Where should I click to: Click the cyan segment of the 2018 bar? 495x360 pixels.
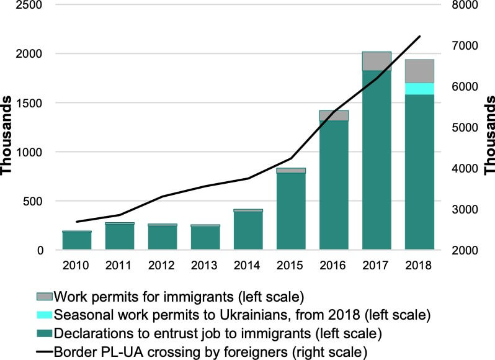pyautogui.click(x=419, y=89)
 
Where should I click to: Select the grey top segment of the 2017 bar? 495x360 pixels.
pyautogui.click(x=377, y=61)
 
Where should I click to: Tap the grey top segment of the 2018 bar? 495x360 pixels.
pyautogui.click(x=419, y=71)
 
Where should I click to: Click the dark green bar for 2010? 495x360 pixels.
pyautogui.click(x=77, y=241)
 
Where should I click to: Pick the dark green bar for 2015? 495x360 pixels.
pyautogui.click(x=291, y=211)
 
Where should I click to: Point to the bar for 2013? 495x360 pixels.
pyautogui.click(x=205, y=238)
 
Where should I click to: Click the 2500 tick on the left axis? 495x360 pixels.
pyautogui.click(x=29, y=5)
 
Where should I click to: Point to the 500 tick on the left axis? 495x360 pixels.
pyautogui.click(x=32, y=201)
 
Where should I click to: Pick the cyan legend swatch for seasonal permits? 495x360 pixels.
pyautogui.click(x=45, y=315)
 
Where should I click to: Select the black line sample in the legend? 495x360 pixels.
pyautogui.click(x=45, y=352)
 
